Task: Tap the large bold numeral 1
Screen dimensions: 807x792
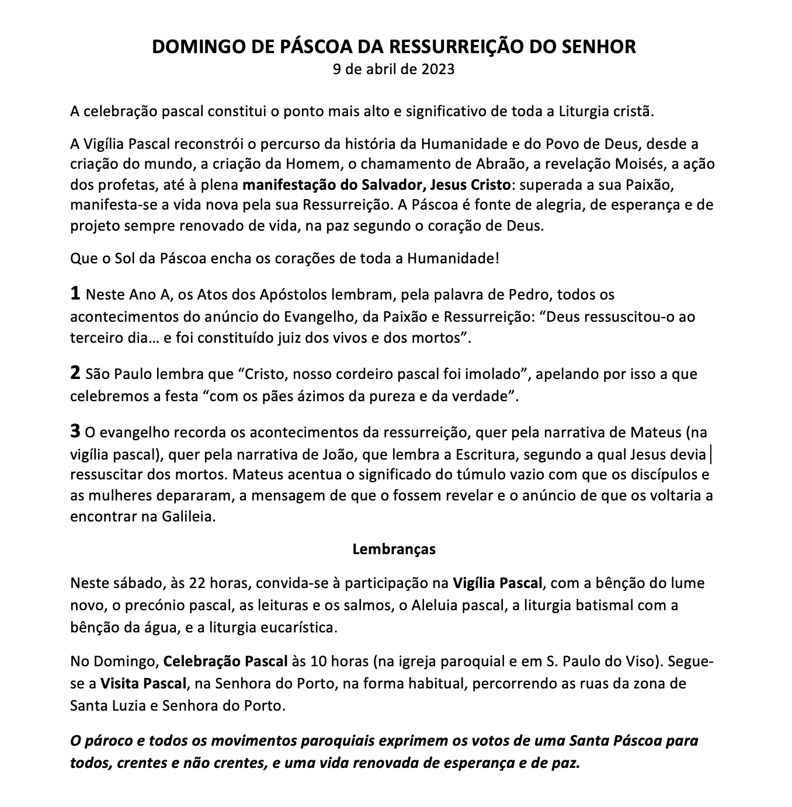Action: [x=75, y=294]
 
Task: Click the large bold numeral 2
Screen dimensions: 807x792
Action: [x=75, y=374]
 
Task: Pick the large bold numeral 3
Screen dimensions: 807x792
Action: [x=75, y=432]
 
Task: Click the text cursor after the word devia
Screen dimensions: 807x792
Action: [x=709, y=454]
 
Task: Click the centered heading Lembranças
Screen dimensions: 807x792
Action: [x=394, y=549]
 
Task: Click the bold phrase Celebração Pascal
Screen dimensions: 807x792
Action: [x=225, y=662]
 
